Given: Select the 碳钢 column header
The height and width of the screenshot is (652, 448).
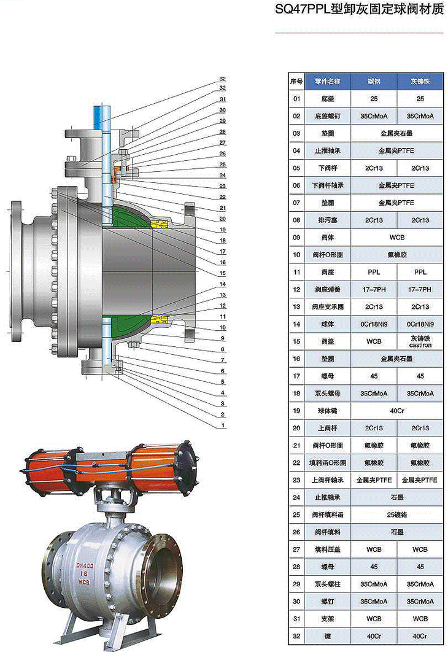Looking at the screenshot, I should point(374,81).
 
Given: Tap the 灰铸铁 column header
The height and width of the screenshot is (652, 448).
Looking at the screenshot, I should point(420,81).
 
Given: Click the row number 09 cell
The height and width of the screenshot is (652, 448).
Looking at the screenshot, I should point(297,237).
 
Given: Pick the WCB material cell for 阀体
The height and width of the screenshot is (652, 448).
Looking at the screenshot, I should point(396,237).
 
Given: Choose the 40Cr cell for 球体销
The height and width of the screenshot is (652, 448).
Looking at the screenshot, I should point(396,411).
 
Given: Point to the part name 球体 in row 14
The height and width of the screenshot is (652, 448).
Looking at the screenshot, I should point(328,324).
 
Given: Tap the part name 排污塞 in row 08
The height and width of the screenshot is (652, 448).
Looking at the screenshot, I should point(328,220).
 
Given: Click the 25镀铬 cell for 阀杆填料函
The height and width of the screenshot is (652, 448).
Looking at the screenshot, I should point(396,514).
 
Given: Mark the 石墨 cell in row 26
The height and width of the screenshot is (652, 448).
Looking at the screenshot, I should point(396,532).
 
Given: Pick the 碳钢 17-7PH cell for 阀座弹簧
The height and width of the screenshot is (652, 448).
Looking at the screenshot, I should point(374,289).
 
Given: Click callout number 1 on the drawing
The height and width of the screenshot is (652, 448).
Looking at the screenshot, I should point(224,425).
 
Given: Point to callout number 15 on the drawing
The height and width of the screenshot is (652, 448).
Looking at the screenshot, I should point(223,273).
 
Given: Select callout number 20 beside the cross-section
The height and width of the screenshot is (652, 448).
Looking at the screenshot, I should point(223,219).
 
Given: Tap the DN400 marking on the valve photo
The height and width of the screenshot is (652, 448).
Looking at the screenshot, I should point(85,566).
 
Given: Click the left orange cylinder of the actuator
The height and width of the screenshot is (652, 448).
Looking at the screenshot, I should point(50,470).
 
